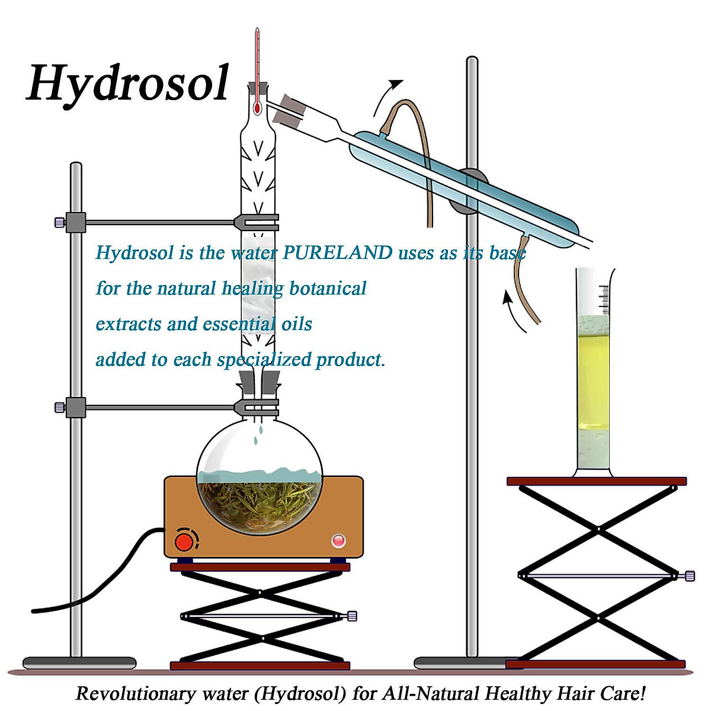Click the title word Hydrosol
click(x=127, y=83)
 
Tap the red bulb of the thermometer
click(x=257, y=108)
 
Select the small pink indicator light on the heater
click(x=338, y=540)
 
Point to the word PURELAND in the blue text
click(x=337, y=253)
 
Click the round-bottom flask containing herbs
click(x=260, y=474)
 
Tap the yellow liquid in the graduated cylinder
click(x=592, y=379)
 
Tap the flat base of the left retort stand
click(x=79, y=662)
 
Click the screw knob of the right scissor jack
click(x=690, y=575)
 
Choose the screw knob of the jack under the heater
click(x=352, y=616)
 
